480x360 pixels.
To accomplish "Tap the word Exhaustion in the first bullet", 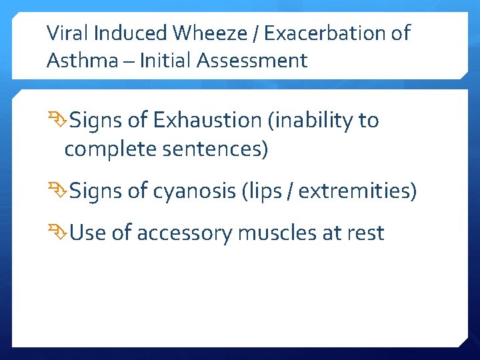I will point(209,121).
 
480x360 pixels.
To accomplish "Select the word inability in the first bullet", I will point(313,121).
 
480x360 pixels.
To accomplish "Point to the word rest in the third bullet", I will point(366,233).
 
